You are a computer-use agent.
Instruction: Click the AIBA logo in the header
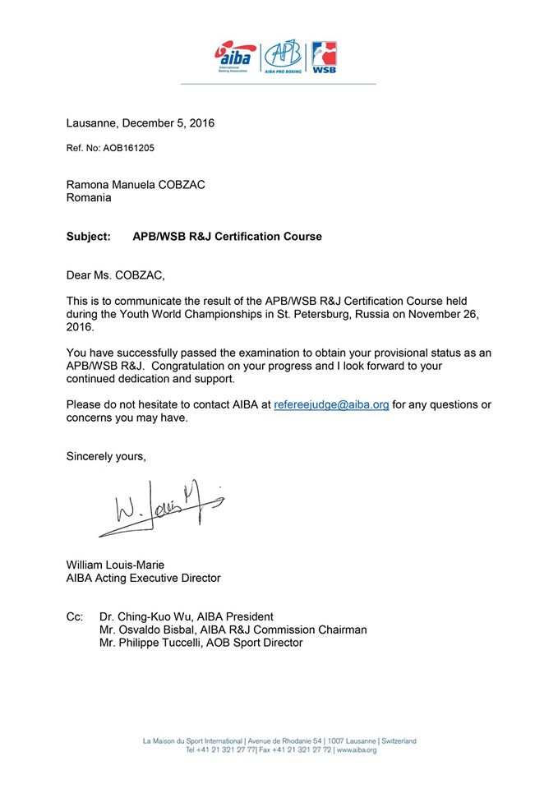[235, 58]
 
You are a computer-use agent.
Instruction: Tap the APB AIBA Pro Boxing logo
[283, 58]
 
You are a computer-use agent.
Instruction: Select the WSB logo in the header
[324, 58]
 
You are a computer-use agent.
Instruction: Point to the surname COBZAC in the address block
[181, 185]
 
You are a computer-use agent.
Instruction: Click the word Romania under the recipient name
[89, 198]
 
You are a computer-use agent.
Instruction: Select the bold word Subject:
[88, 237]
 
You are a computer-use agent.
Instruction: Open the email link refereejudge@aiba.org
[331, 405]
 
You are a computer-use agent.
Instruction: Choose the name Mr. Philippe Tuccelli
[150, 643]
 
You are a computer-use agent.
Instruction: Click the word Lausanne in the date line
[92, 123]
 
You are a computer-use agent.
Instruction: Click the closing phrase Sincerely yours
[106, 456]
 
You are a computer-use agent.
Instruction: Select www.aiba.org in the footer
[357, 750]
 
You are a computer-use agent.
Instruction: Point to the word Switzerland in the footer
[395, 741]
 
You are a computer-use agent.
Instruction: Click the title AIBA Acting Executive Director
[143, 578]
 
